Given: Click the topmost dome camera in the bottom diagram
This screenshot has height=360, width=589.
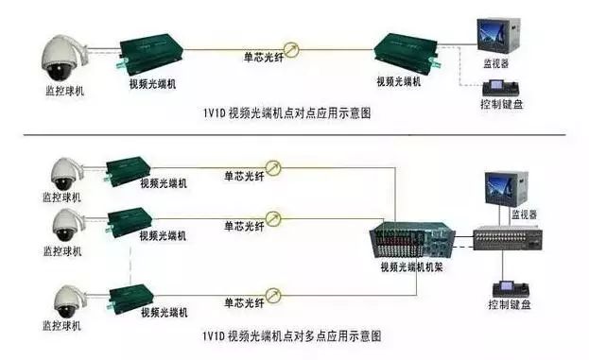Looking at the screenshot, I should coord(64,173).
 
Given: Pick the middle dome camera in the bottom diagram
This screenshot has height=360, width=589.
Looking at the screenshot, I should coord(64,226).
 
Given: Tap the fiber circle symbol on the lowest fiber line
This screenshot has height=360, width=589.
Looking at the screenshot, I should coord(275,301).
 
